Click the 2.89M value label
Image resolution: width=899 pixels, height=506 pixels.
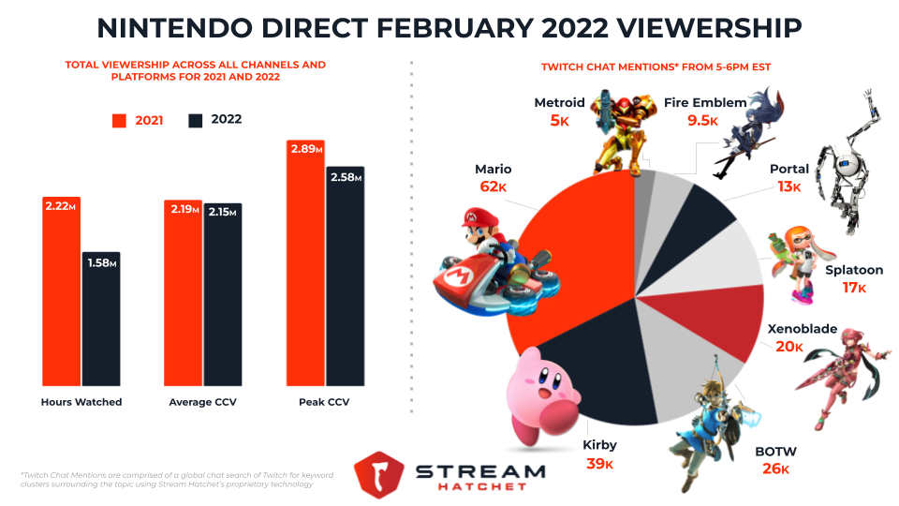coord(304,150)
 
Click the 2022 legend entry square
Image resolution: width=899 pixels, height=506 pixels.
coord(196,121)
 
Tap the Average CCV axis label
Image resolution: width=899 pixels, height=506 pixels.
coord(202,402)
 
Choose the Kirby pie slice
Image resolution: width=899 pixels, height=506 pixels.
coord(599,375)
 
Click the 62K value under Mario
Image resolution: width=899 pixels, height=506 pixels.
coord(494,187)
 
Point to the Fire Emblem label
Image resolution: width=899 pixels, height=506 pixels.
coord(704,102)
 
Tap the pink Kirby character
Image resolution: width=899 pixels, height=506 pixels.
coord(541,394)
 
